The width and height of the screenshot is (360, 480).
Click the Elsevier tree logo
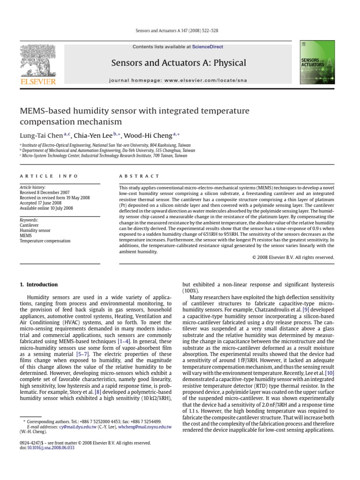[x=37, y=61]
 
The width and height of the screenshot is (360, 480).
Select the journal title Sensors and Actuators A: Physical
[x=178, y=63]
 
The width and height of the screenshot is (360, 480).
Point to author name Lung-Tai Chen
[x=41, y=135]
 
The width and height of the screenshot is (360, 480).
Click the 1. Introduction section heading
[x=39, y=285]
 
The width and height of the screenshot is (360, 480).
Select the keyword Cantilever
[x=29, y=225]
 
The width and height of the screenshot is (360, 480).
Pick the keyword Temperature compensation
[x=45, y=241]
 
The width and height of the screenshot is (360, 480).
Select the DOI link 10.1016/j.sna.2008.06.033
[x=48, y=448]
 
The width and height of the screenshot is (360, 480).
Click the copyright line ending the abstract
[x=293, y=257]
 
